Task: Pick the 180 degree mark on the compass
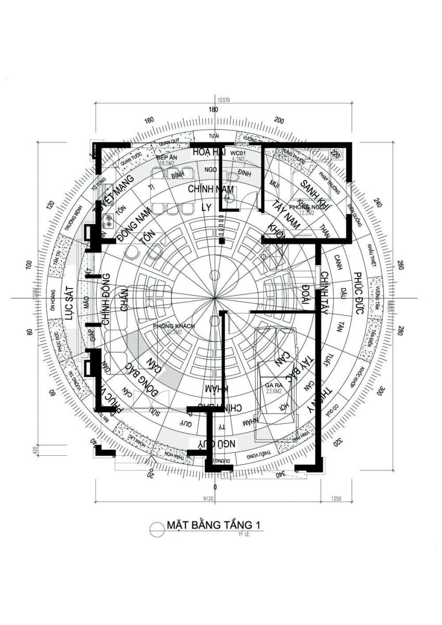(x=212, y=110)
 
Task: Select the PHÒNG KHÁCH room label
(x=173, y=326)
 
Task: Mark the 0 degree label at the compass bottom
(x=215, y=486)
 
